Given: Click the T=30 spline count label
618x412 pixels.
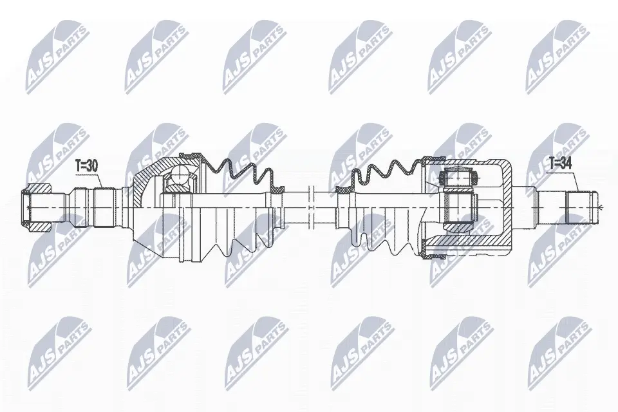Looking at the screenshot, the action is pos(86,166).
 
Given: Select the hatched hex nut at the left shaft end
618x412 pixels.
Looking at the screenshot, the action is pos(37,207).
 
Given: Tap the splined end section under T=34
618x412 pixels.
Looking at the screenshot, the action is pos(582,207).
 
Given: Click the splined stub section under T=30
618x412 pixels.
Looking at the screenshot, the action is pos(104,207).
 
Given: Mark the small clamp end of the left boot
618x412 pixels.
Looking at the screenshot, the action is pos(278,190).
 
